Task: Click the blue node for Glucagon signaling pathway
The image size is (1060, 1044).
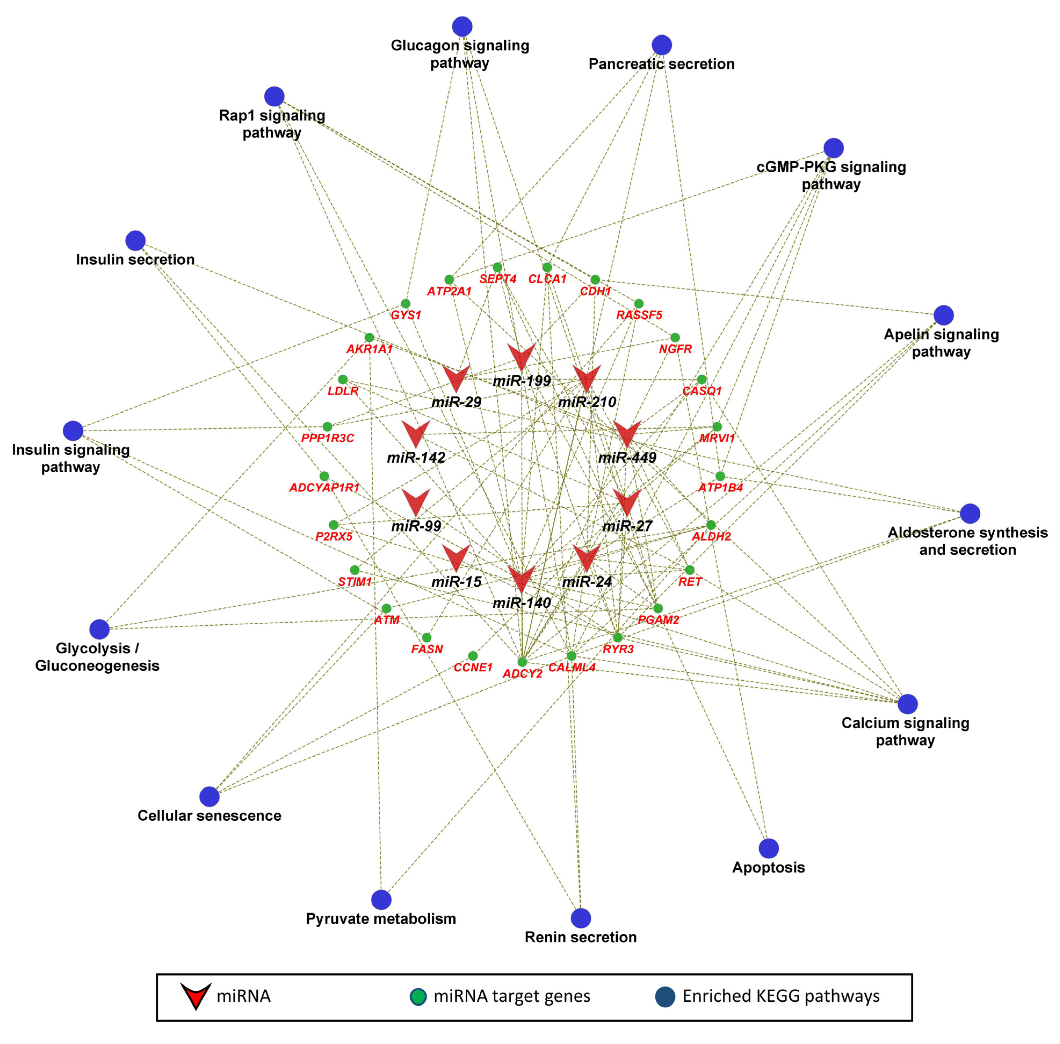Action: click(462, 26)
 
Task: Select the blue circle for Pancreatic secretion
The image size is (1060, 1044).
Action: click(661, 45)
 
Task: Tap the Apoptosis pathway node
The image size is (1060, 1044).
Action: click(768, 848)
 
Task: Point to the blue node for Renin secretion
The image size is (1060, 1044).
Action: click(580, 918)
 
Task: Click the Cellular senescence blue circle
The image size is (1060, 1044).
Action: click(209, 796)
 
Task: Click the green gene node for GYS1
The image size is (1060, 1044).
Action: click(405, 303)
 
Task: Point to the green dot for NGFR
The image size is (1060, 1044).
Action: click(675, 337)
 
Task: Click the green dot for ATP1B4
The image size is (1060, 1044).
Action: click(719, 476)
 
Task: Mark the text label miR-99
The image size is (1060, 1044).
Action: click(416, 526)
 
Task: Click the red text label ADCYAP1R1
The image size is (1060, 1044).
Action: click(324, 487)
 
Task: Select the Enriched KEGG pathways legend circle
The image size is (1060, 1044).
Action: click(665, 996)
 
